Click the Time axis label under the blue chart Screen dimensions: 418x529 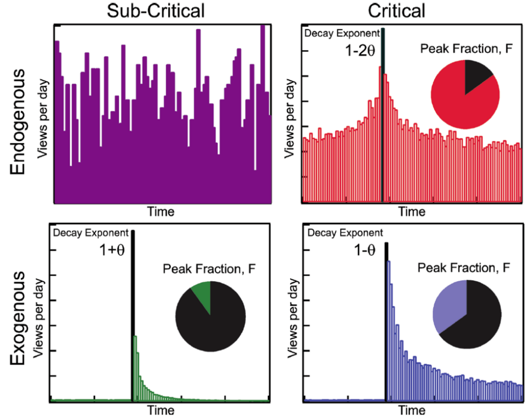point(412,411)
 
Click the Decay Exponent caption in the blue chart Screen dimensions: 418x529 point(345,233)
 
